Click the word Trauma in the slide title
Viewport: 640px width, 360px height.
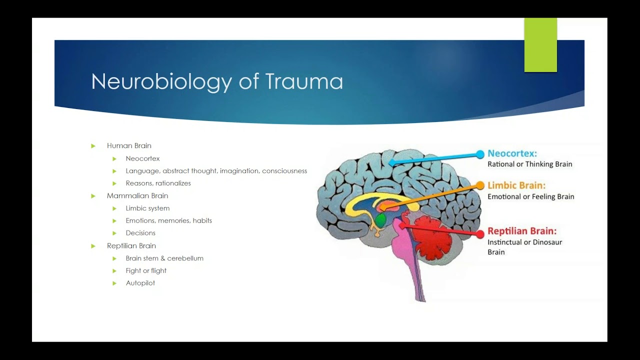304,81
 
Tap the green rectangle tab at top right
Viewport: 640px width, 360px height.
540,45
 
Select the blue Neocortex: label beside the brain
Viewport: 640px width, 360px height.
512,153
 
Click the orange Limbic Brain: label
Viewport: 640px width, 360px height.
516,185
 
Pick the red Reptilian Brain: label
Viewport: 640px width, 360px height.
521,231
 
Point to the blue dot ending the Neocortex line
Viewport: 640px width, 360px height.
480,154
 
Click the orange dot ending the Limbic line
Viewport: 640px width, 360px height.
480,185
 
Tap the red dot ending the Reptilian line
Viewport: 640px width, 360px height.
480,233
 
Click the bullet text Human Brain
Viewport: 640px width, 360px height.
129,146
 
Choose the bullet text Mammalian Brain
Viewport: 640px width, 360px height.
137,196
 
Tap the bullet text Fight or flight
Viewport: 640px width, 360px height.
146,270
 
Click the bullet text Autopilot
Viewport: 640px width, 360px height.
140,283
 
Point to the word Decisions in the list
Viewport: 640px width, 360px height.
140,233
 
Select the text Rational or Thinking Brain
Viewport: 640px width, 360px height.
529,164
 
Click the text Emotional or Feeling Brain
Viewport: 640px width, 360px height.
530,196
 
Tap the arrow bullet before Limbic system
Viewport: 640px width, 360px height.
114,208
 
